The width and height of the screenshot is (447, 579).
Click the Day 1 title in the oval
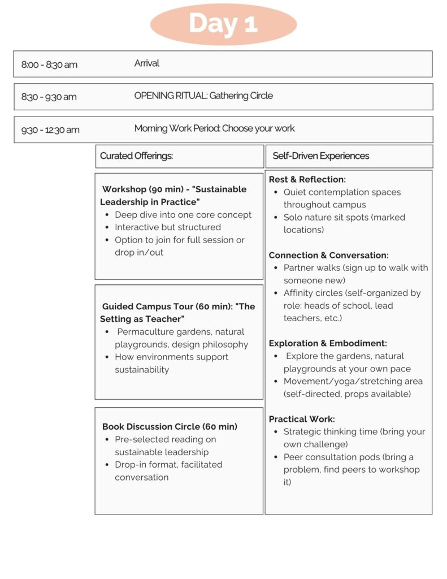223,24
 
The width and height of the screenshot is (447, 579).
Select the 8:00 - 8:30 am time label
49,64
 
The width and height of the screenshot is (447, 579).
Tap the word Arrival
147,63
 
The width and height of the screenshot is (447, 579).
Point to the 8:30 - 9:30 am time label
49,97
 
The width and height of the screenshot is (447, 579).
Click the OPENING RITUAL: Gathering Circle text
203,96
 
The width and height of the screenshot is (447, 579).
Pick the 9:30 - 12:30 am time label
50,129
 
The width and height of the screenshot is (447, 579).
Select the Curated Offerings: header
136,155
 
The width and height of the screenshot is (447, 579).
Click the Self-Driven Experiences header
320,155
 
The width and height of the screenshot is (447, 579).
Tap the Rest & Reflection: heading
307,179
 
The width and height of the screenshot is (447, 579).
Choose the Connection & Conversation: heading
329,255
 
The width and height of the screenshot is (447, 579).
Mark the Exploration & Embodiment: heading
328,343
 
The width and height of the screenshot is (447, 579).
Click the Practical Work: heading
302,419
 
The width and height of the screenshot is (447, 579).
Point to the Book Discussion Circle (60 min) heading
170,426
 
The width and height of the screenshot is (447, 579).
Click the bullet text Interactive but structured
168,227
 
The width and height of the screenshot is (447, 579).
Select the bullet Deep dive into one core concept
183,215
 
